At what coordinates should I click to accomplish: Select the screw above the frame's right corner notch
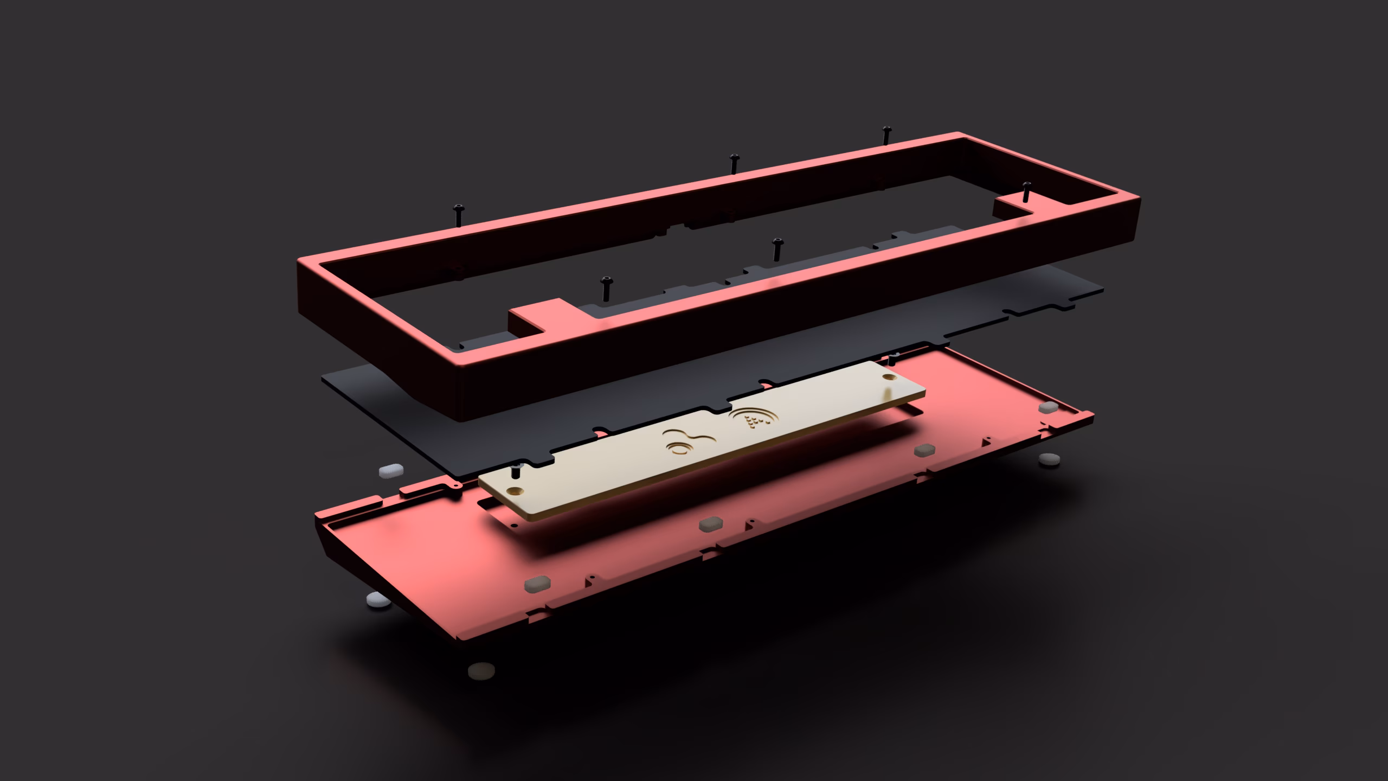[1026, 193]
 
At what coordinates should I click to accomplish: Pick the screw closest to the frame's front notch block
[606, 288]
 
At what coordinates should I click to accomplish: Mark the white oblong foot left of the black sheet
[391, 470]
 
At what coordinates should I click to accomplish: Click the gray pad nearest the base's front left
[538, 583]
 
